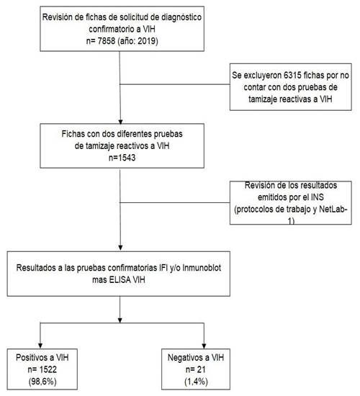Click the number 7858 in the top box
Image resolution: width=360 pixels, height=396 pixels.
coord(107,41)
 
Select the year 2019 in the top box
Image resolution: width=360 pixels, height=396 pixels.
coord(147,41)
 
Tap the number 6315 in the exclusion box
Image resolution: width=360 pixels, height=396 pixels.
coord(292,76)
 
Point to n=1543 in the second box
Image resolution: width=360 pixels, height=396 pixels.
coord(122,158)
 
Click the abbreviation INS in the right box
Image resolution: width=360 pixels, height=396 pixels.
coord(317,197)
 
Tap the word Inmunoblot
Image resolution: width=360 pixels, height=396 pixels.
coord(202,268)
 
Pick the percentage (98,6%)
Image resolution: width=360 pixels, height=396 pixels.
coord(42,382)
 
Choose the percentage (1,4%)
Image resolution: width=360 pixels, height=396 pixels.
coord(196,382)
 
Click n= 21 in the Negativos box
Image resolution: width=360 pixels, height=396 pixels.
coord(196,370)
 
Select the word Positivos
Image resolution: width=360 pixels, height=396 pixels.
coord(32,358)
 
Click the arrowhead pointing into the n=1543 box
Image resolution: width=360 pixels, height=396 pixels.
coord(120,122)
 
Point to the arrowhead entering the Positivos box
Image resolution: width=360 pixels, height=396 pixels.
coord(40,346)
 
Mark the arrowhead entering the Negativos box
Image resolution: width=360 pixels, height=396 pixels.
coord(204,346)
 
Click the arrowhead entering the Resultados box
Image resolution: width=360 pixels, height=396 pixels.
coord(120,248)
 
